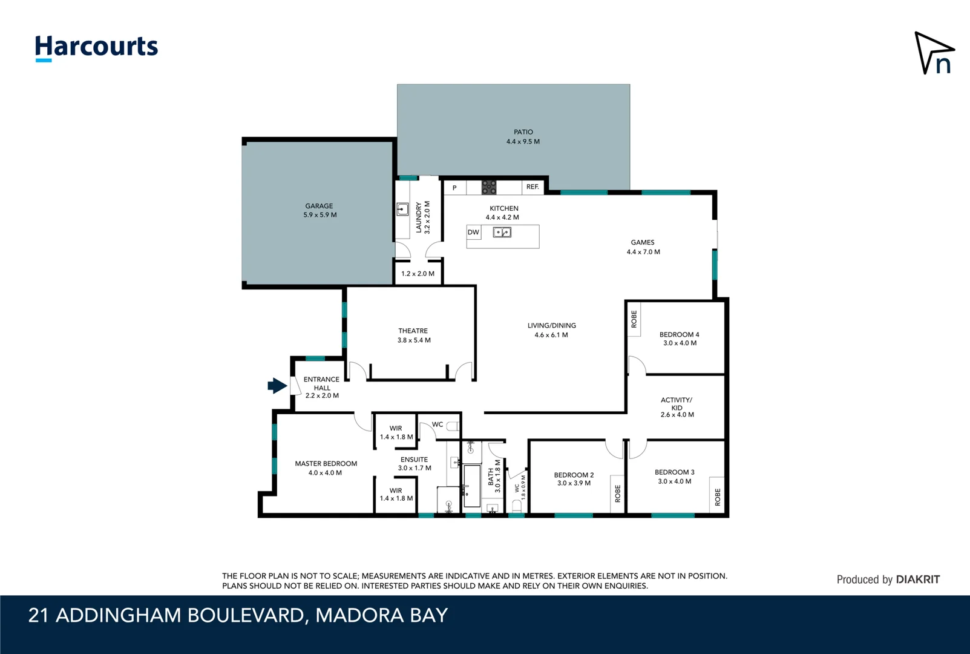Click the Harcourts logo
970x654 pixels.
(x=96, y=47)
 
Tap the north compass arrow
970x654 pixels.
(x=932, y=53)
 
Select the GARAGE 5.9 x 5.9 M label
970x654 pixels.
(x=320, y=210)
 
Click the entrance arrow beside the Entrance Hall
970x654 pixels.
(x=277, y=386)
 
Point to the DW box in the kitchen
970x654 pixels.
(x=473, y=232)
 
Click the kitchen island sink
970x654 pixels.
(x=502, y=232)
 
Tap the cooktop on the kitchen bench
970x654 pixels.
(x=489, y=187)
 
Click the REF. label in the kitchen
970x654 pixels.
(x=533, y=187)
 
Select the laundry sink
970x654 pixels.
(x=402, y=210)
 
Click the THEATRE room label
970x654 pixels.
(x=413, y=335)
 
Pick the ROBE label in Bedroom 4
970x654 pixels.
(x=634, y=319)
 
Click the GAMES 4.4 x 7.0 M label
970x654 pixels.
(x=643, y=246)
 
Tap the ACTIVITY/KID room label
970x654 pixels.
(x=677, y=407)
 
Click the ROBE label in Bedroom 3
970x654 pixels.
(x=718, y=497)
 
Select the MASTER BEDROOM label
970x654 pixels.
(x=326, y=467)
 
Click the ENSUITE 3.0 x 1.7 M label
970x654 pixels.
(x=415, y=463)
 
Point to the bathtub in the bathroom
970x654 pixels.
(x=472, y=486)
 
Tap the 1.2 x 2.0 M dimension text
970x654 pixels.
(x=418, y=274)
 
